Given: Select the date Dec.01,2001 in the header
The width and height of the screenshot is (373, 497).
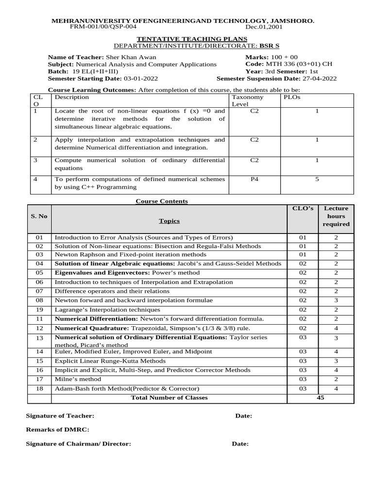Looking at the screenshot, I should point(264,27).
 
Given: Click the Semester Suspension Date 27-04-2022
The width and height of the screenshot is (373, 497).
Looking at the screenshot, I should point(319,79).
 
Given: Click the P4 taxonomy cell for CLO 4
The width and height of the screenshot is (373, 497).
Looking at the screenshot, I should point(254,179).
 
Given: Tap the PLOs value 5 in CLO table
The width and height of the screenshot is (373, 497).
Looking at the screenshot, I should point(317,179).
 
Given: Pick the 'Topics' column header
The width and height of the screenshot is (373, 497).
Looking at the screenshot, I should point(169,221).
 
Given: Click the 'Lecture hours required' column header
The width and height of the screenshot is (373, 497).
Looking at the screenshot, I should point(336,216).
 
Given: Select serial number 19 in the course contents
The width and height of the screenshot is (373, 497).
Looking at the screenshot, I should point(39,310).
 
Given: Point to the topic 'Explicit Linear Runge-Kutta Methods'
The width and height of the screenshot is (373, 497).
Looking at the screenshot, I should point(110,361).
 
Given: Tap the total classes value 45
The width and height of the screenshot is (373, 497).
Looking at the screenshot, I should point(320,398).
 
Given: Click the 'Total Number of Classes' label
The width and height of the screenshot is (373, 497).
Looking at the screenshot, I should point(169,398).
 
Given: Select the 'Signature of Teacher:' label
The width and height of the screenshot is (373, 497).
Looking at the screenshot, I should point(60,416).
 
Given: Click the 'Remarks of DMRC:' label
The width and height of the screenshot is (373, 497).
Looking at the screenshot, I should point(57,430).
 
